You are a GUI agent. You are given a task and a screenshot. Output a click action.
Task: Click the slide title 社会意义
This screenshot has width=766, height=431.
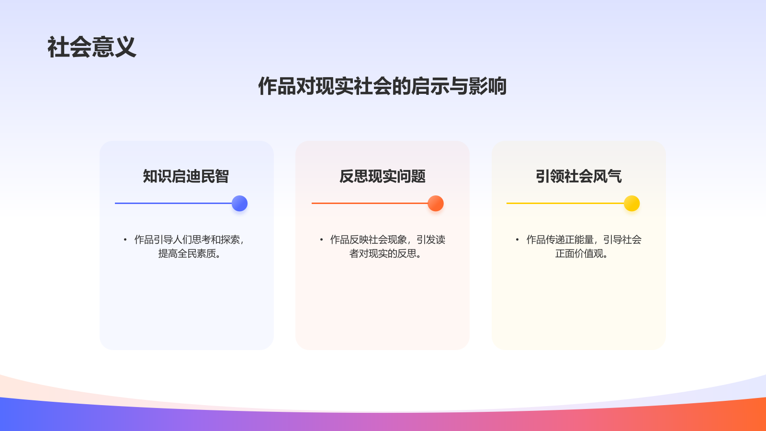click(x=92, y=47)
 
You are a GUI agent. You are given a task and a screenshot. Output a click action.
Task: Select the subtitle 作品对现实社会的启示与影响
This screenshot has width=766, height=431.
click(x=382, y=86)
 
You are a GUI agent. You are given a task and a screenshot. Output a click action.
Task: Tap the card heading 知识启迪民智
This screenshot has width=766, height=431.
click(x=186, y=176)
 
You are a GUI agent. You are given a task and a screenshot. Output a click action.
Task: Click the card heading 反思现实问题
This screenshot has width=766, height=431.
click(x=383, y=176)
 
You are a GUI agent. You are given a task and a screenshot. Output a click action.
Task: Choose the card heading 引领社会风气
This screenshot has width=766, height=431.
click(x=579, y=176)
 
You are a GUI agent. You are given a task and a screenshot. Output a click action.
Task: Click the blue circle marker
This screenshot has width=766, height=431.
click(x=239, y=204)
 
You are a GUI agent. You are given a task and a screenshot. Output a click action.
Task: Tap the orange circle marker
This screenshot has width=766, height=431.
click(x=436, y=204)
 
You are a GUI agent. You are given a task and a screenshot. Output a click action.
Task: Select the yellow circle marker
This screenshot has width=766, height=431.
click(x=632, y=204)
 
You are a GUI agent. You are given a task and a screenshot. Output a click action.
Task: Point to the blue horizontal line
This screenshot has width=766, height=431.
click(x=172, y=203)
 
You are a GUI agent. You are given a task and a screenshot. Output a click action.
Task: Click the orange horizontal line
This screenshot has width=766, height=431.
click(x=369, y=203)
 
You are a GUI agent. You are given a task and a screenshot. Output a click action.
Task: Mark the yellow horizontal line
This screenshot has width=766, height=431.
click(x=565, y=203)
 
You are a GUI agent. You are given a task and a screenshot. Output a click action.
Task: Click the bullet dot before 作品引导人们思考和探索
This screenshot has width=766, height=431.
click(x=125, y=239)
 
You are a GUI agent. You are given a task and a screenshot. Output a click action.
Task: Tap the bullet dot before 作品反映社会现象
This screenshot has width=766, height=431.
click(x=321, y=239)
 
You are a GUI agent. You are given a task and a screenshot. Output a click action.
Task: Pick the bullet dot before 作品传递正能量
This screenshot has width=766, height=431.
click(x=517, y=239)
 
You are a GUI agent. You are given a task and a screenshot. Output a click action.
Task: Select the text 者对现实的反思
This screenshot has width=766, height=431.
click(x=385, y=254)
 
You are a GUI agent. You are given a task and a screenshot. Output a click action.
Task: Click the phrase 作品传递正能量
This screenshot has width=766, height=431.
click(x=560, y=239)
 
